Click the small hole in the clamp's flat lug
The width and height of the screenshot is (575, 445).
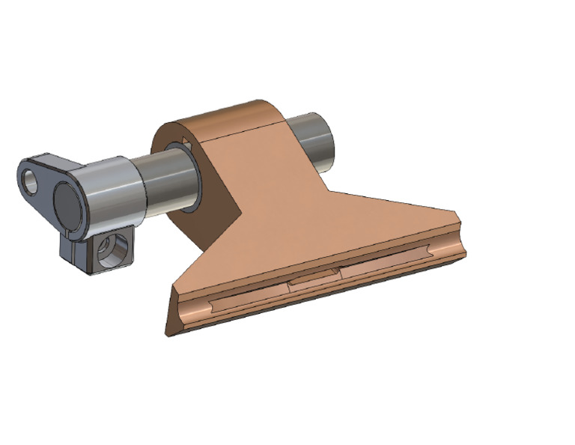tap(31, 181)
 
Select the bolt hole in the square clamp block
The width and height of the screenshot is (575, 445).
tap(114, 252)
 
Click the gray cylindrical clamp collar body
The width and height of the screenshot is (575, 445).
tap(112, 193)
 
